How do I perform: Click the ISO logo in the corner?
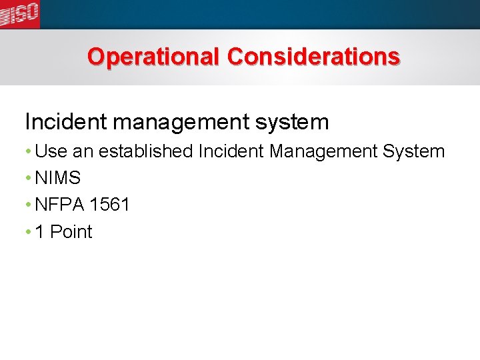pos(20,13)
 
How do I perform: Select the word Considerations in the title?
pos(313,57)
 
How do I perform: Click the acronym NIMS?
pos(58,178)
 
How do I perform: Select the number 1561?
pos(109,205)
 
